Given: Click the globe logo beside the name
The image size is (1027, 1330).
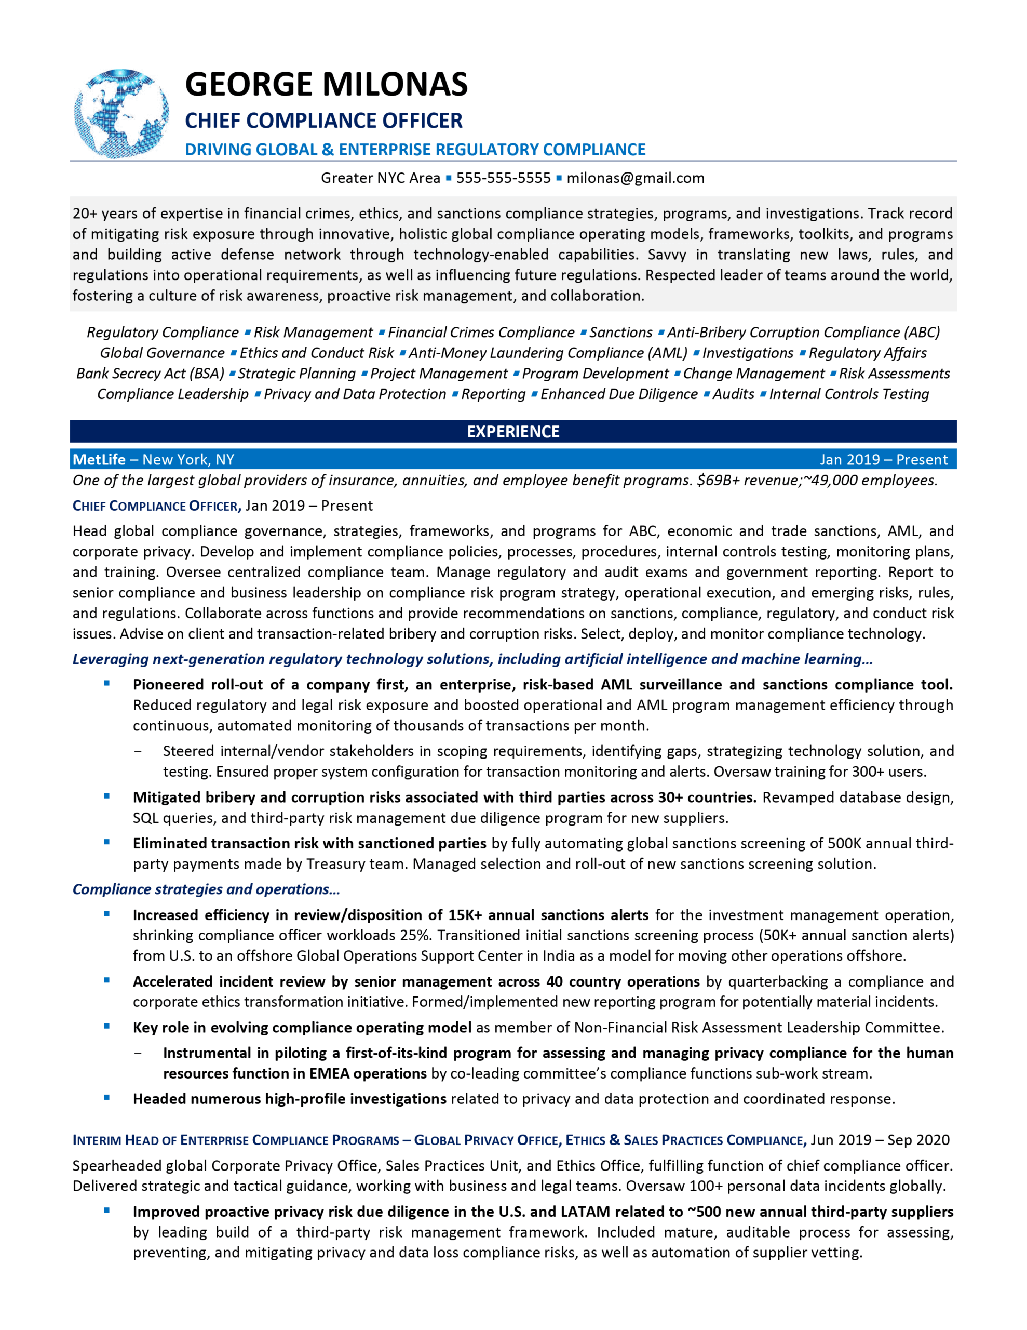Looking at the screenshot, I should pyautogui.click(x=121, y=113).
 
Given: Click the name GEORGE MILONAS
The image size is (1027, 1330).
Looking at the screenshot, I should pyautogui.click(x=326, y=84).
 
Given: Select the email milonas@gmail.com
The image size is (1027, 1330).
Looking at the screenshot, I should pyautogui.click(x=635, y=178).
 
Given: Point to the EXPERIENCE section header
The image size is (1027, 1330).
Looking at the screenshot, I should pyautogui.click(x=512, y=431).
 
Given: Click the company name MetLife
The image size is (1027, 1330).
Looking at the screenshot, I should pyautogui.click(x=99, y=459).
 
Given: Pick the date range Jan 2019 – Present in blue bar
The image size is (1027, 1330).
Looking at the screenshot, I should pyautogui.click(x=883, y=459).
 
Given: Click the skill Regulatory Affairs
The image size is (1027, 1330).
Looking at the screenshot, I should pyautogui.click(x=867, y=353).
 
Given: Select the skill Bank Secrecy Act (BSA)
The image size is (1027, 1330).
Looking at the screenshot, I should pyautogui.click(x=150, y=374).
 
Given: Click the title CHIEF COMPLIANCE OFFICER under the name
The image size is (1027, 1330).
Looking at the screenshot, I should pyautogui.click(x=323, y=121).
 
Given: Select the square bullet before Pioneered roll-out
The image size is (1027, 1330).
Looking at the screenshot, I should pyautogui.click(x=107, y=683).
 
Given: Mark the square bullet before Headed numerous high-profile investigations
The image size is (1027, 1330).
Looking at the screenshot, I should pyautogui.click(x=107, y=1098).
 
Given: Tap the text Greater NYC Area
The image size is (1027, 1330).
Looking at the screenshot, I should pyautogui.click(x=380, y=178).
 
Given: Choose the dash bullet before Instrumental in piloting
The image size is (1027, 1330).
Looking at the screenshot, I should pyautogui.click(x=138, y=1053).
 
